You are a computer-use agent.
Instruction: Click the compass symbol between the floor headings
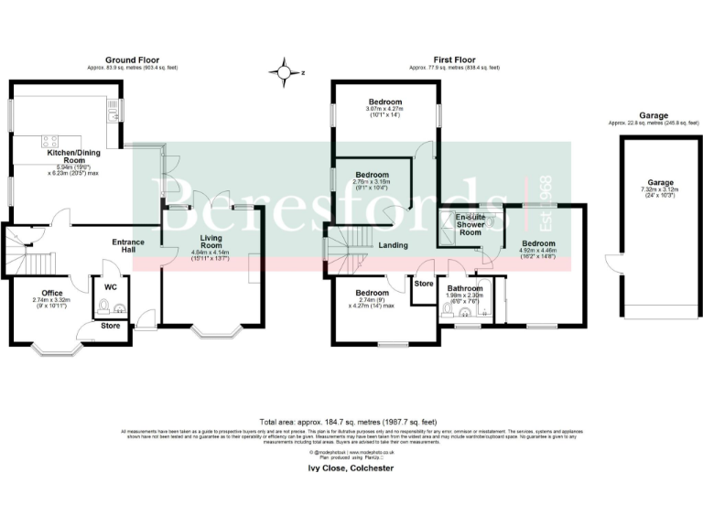pyautogui.click(x=286, y=71)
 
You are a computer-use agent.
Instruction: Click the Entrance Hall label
pyautogui.click(x=128, y=247)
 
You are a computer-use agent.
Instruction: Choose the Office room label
pyautogui.click(x=38, y=293)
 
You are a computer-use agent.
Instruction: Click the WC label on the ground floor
pyautogui.click(x=109, y=286)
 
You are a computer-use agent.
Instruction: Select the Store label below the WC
pyautogui.click(x=110, y=325)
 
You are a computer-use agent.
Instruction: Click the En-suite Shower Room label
pyautogui.click(x=470, y=225)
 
